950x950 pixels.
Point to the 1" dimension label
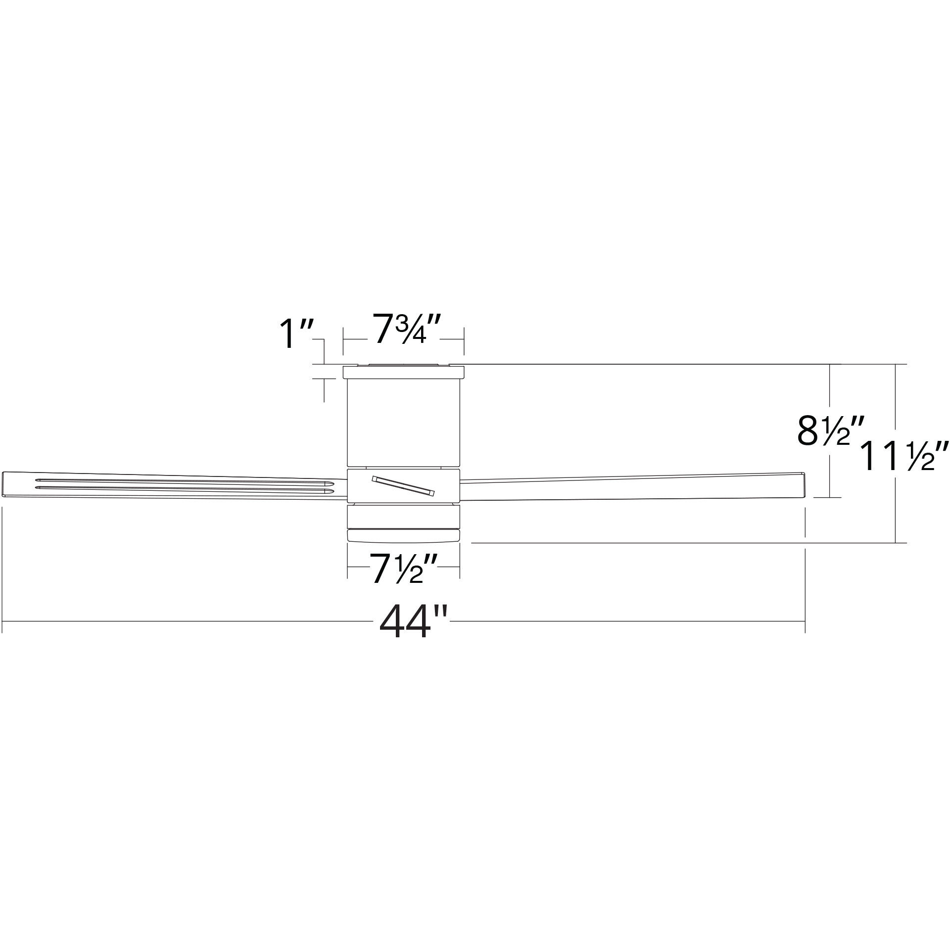coord(295,334)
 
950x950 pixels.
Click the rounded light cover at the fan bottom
coord(403,536)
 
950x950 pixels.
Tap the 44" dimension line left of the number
coord(188,620)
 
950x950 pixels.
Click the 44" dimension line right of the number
coord(628,620)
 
